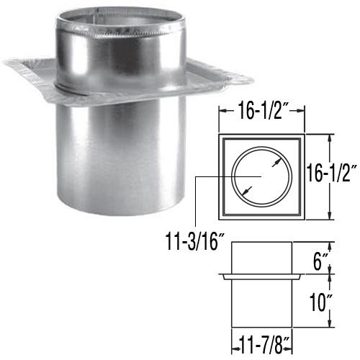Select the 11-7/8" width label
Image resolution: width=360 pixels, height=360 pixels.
tap(261, 346)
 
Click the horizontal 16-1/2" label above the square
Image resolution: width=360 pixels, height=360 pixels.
tap(261, 110)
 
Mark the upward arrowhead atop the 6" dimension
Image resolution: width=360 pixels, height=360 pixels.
tap(330, 246)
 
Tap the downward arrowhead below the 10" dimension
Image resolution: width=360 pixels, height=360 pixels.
tap(330, 323)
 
